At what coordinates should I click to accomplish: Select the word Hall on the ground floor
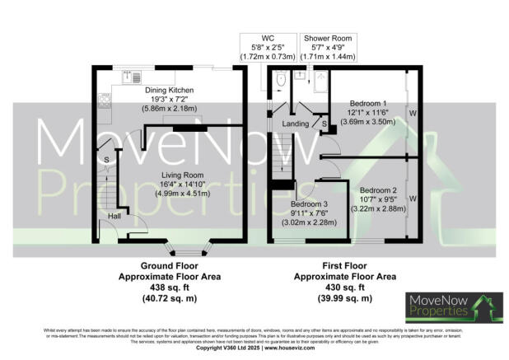[x=114, y=216]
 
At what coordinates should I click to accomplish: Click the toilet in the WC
[x=282, y=80]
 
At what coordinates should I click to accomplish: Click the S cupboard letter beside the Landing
[x=324, y=124]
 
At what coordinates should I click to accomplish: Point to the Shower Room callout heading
[x=328, y=38]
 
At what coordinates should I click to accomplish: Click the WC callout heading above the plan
[x=268, y=38]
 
